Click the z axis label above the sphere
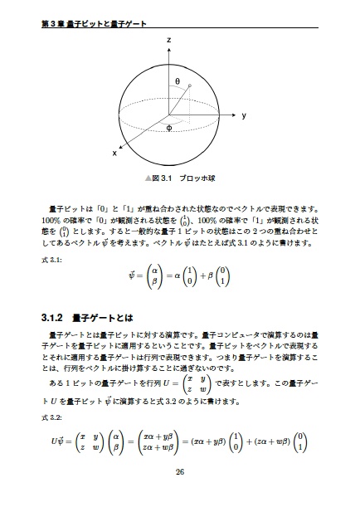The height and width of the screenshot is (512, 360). [x=168, y=40]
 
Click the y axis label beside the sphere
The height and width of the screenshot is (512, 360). [x=244, y=116]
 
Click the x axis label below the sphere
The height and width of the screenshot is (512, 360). [x=114, y=154]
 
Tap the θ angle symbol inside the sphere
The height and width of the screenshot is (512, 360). [x=177, y=80]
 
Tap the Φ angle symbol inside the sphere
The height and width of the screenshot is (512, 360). [x=168, y=128]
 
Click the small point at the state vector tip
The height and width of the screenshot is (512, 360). [x=191, y=85]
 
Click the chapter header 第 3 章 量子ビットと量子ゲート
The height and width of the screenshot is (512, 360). [x=87, y=23]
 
